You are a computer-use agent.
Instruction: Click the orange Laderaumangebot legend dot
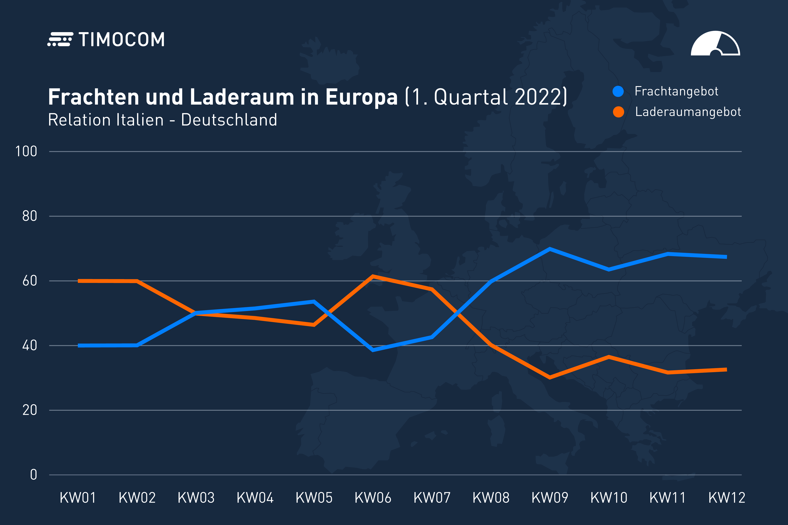tap(618, 112)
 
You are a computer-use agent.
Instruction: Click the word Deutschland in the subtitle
tap(229, 120)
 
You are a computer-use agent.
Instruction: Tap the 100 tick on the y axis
tap(26, 152)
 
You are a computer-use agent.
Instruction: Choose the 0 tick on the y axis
tap(33, 475)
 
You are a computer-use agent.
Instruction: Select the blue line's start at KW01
tap(79, 345)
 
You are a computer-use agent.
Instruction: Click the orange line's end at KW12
tap(726, 370)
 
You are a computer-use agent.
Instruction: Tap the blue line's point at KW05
tap(314, 301)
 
